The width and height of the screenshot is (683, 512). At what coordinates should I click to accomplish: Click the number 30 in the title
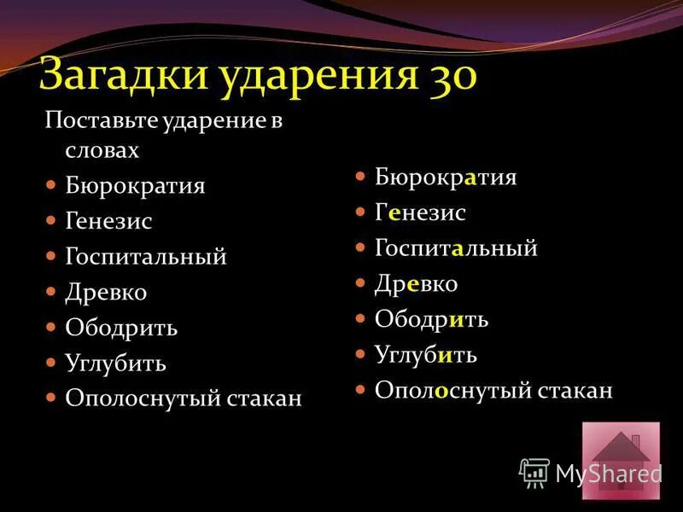point(447,74)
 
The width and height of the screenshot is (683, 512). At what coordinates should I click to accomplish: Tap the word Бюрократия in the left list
point(135,185)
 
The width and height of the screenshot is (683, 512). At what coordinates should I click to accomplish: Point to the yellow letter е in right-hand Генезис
point(394,213)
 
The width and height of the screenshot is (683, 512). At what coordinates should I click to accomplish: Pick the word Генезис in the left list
point(108,221)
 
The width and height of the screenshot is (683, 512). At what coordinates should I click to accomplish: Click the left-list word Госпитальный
point(145,257)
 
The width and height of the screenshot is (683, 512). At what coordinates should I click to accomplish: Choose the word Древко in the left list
point(106,293)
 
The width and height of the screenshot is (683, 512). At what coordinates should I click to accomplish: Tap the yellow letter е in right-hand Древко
point(412,284)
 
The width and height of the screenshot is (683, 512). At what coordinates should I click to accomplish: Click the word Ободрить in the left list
point(121,329)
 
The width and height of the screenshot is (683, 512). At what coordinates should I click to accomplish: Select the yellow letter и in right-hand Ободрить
point(455,320)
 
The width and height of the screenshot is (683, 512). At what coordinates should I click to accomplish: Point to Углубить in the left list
point(115,364)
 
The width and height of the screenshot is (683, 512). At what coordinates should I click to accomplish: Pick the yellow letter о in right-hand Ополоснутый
point(441,391)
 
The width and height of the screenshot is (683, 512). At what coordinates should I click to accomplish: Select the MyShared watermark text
point(608,474)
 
